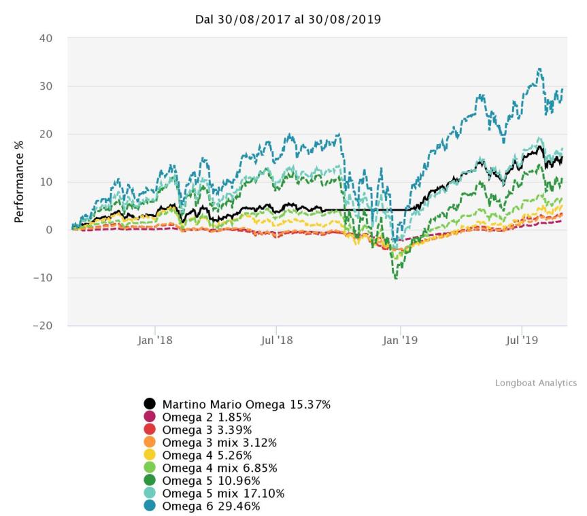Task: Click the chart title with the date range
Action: pyautogui.click(x=288, y=20)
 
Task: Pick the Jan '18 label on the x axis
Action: pyautogui.click(x=156, y=340)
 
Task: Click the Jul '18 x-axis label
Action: pyautogui.click(x=277, y=340)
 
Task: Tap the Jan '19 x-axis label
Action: pyautogui.click(x=400, y=340)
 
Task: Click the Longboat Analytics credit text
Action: pyautogui.click(x=535, y=383)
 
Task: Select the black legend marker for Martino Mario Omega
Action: pyautogui.click(x=150, y=405)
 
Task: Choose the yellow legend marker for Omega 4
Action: pyautogui.click(x=150, y=455)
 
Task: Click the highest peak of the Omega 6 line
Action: pyautogui.click(x=539, y=69)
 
